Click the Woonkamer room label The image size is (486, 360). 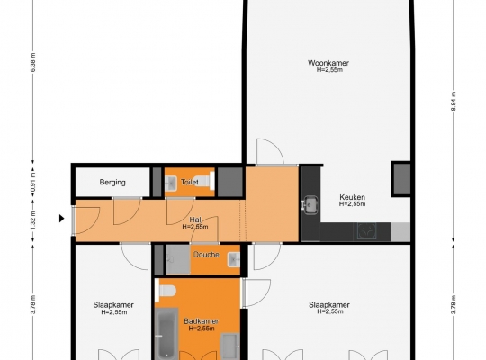tap(328, 63)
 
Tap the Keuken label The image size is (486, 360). tap(352, 197)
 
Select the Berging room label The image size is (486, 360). tap(112, 182)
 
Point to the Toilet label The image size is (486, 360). tap(190, 182)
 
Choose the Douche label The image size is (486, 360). tap(206, 255)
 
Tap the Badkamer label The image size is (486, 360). tap(202, 321)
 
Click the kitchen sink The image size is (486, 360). tap(310, 204)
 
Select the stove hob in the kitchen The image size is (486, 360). tap(367, 231)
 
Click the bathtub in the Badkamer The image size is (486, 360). tap(166, 333)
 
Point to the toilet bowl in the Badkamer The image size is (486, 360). tap(166, 291)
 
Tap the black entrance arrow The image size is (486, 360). tap(62, 219)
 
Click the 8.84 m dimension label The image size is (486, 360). tap(454, 102)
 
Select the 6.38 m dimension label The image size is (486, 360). tap(33, 62)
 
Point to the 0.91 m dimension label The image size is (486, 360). tap(33, 183)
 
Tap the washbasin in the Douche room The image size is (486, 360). tap(234, 259)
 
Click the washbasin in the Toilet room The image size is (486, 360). tap(170, 183)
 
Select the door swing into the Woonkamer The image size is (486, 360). tap(270, 152)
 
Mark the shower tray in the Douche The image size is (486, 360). tap(178, 259)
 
